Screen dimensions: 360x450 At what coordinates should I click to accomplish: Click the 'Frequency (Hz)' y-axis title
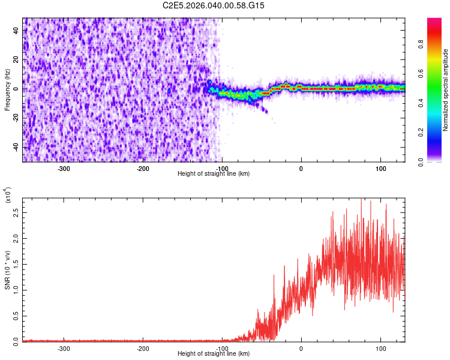pos(7,90)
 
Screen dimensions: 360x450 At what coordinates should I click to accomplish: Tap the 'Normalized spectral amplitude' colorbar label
pos(445,90)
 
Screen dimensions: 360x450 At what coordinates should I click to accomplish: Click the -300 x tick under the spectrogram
pos(64,169)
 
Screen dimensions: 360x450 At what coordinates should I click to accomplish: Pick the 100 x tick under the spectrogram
pos(380,169)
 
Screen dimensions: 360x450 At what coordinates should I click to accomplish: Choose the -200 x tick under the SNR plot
pos(143,349)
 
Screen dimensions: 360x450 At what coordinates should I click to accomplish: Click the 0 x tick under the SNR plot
pos(301,349)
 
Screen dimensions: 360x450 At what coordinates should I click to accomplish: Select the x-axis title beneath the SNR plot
pos(214,354)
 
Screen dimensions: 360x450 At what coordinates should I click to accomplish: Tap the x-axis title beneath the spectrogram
pos(214,174)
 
